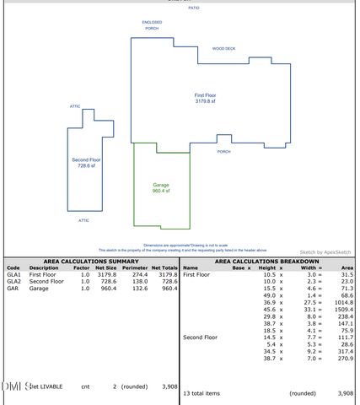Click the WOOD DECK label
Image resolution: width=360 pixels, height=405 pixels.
[224, 49]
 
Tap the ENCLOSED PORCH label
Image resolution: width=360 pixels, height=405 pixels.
[152, 24]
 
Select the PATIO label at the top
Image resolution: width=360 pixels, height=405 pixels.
[194, 8]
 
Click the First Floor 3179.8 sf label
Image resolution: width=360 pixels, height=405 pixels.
[205, 99]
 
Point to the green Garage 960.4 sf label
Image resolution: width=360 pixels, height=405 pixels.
[161, 187]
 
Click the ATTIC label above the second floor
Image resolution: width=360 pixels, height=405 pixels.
[75, 106]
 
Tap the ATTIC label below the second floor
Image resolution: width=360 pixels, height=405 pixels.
[83, 220]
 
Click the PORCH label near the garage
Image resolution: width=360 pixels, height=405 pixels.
[223, 152]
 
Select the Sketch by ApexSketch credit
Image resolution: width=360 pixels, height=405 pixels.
[325, 251]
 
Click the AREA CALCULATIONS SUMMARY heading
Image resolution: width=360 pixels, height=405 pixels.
[90, 262]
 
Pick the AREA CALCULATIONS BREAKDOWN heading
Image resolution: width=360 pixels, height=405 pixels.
[268, 262]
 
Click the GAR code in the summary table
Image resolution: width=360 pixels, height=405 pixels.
[13, 289]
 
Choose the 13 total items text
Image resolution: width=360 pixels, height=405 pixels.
[201, 393]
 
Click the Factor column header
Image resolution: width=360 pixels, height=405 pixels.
[81, 268]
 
